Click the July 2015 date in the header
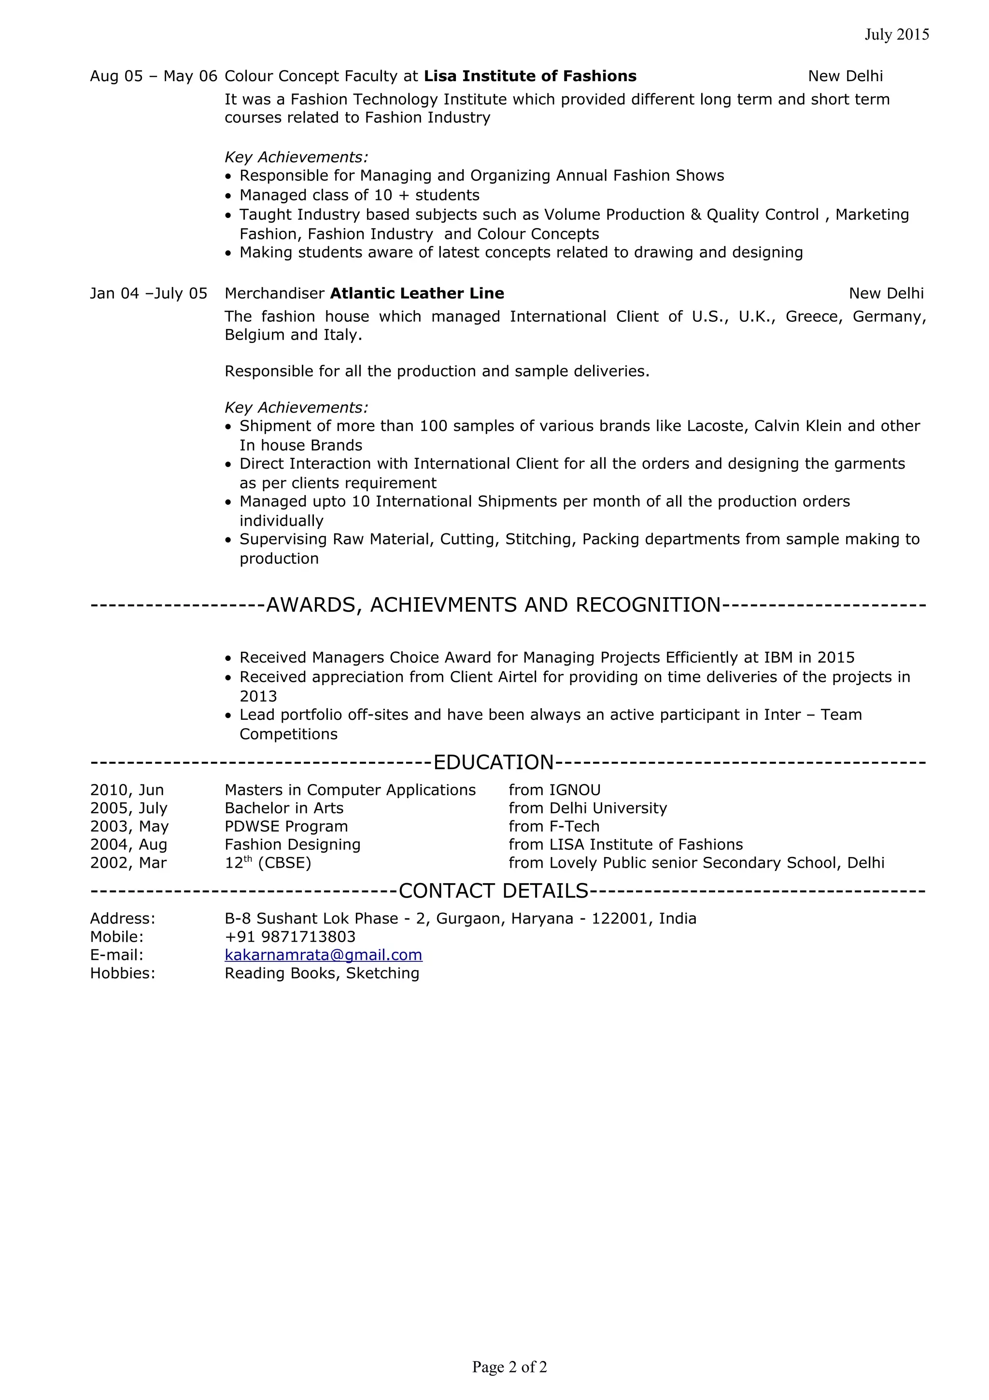pyautogui.click(x=896, y=35)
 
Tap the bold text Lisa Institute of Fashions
pyautogui.click(x=530, y=76)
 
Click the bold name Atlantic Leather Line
pyautogui.click(x=417, y=293)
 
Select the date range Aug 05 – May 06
pyautogui.click(x=154, y=76)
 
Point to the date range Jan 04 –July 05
pyautogui.click(x=149, y=293)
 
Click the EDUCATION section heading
pyautogui.click(x=493, y=762)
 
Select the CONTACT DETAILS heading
pyautogui.click(x=493, y=891)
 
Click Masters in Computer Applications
pyautogui.click(x=350, y=790)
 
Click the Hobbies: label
pyautogui.click(x=123, y=972)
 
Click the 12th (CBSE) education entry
pyautogui.click(x=268, y=863)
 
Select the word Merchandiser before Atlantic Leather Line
pyautogui.click(x=274, y=293)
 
